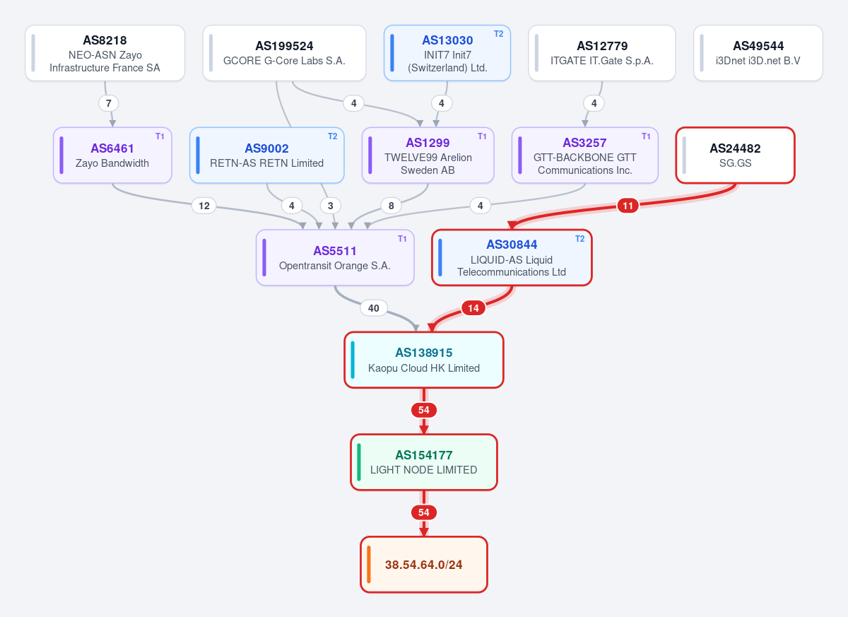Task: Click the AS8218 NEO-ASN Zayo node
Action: click(x=105, y=53)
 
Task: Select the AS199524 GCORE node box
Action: click(x=284, y=53)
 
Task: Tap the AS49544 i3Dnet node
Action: click(x=758, y=53)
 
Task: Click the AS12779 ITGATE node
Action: click(x=602, y=53)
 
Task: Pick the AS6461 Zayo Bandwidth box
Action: click(x=112, y=155)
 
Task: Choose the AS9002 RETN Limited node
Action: click(x=267, y=155)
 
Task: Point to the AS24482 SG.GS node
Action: click(x=735, y=155)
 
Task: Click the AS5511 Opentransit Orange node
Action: click(x=335, y=257)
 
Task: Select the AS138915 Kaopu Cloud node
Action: click(x=424, y=360)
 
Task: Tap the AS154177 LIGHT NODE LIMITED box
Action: click(x=424, y=462)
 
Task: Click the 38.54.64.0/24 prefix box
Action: click(x=424, y=565)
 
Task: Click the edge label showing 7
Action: click(x=109, y=103)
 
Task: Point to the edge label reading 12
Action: click(x=204, y=206)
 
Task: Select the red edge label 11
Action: click(x=628, y=206)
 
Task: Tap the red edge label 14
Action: click(x=473, y=308)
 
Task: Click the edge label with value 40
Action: click(x=374, y=308)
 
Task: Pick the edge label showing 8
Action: click(x=391, y=206)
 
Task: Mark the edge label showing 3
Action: click(x=331, y=206)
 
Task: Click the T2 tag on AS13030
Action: click(x=499, y=34)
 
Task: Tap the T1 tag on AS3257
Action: click(x=646, y=136)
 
